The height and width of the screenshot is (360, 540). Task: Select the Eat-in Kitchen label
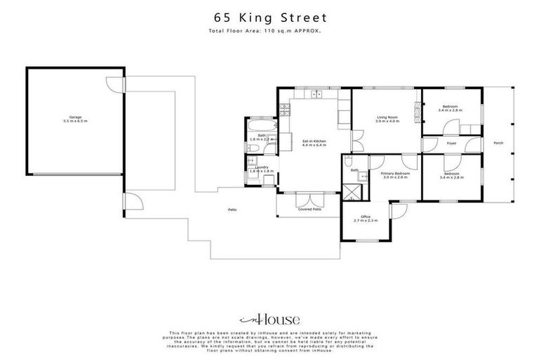click(x=314, y=143)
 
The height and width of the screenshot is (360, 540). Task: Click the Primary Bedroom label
click(x=395, y=174)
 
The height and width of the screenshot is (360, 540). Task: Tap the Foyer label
click(x=451, y=143)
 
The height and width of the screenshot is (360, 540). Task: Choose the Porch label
click(x=499, y=143)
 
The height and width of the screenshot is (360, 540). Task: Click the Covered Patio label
click(x=309, y=209)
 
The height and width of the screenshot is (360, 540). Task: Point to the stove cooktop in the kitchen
click(x=284, y=110)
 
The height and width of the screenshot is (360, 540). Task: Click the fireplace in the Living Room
click(x=417, y=109)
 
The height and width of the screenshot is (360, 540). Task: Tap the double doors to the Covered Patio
click(x=309, y=196)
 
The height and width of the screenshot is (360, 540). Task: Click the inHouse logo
click(x=270, y=319)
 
